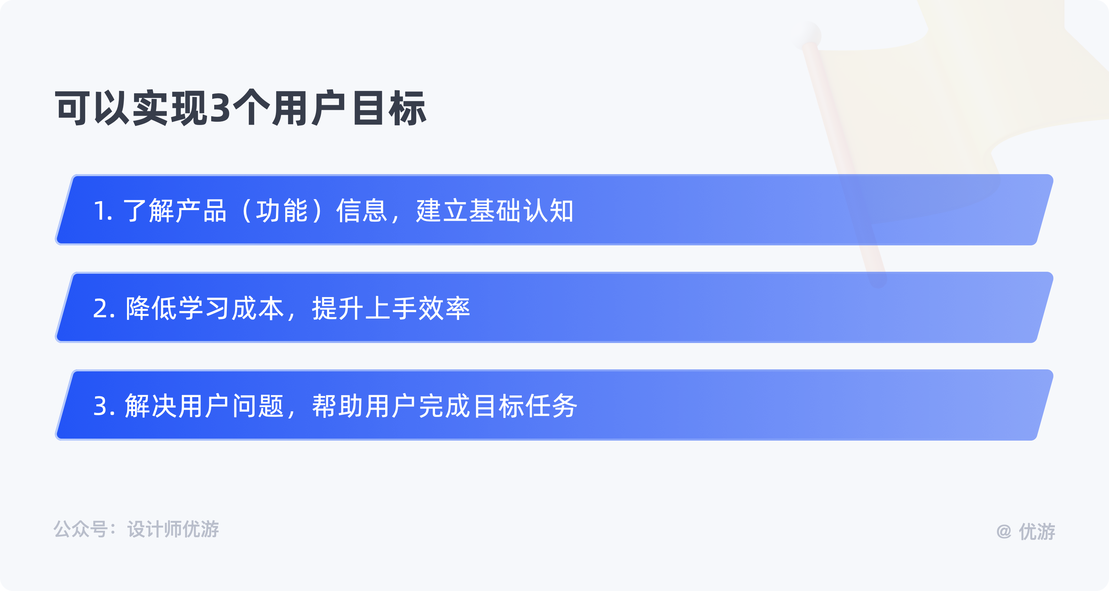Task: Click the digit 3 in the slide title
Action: pos(221,108)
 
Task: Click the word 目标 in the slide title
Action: pos(389,108)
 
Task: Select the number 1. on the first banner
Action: pos(103,211)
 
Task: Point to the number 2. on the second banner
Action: pos(104,309)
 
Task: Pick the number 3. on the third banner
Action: pos(104,406)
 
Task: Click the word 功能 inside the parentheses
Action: pos(282,211)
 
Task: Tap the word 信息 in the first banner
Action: pos(362,211)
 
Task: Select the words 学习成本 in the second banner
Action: pos(231,308)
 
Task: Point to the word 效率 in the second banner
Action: pos(444,308)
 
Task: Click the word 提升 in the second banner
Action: pos(338,308)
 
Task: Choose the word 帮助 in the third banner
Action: pos(338,406)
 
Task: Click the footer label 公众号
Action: pos(81,529)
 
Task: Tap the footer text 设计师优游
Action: pos(173,529)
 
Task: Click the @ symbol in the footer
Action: pos(1004,532)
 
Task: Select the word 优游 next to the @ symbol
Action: pos(1037,532)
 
